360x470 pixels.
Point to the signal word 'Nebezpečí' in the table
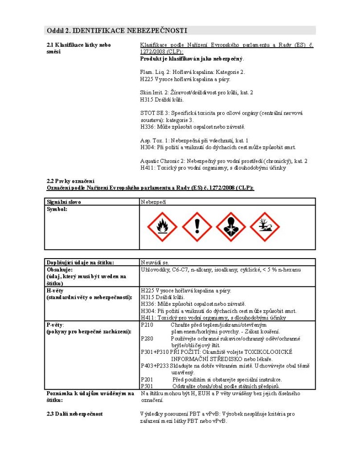click(153, 201)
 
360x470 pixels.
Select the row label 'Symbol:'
click(56, 209)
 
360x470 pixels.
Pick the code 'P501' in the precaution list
click(146, 386)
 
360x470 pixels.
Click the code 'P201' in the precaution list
click(146, 379)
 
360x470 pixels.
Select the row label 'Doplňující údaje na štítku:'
click(80, 262)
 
